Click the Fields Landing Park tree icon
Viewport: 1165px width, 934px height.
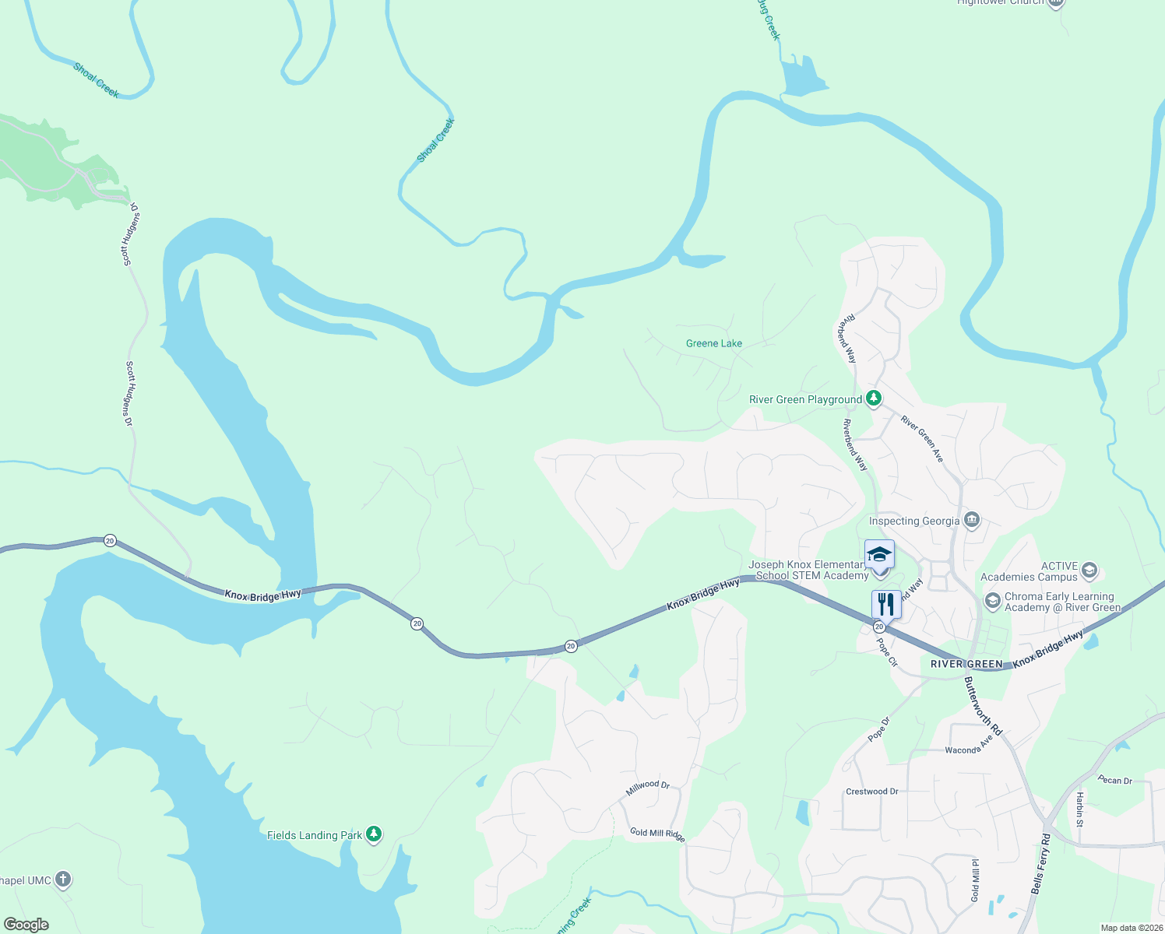375,834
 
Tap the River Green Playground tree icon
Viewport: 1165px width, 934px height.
874,399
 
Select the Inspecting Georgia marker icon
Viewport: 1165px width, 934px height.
971,520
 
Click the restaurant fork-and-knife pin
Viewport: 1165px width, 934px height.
886,604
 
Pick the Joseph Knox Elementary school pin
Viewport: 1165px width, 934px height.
879,555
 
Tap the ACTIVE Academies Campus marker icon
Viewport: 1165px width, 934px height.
1089,571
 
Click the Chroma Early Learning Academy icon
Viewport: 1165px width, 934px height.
993,600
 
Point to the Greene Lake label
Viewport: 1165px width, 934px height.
713,343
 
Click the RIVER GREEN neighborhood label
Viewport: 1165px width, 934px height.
967,664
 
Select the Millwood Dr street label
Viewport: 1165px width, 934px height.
648,788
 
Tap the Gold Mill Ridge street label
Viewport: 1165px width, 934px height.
657,834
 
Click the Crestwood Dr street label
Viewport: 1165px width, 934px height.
872,792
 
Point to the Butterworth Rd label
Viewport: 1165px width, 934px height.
983,706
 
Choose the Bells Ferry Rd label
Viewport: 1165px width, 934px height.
1041,864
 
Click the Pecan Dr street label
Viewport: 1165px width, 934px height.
1115,780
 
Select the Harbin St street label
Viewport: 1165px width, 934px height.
1080,809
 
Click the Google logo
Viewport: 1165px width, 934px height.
26,925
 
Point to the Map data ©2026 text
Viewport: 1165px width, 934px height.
1131,928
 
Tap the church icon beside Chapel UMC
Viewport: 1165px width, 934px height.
63,880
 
